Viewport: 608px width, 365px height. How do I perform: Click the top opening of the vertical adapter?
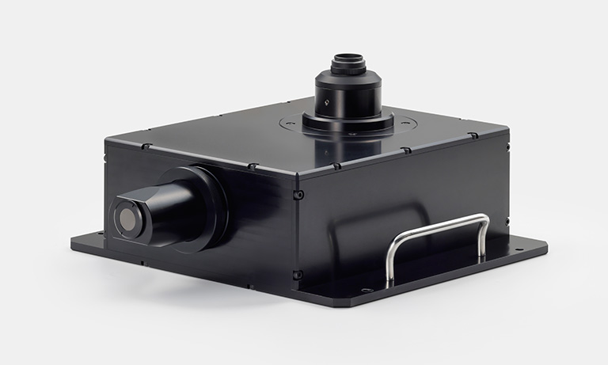click(348, 60)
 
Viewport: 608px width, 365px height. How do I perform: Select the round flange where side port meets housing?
click(207, 207)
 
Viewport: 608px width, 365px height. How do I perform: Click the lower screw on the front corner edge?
click(298, 275)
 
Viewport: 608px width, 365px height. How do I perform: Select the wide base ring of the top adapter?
click(348, 123)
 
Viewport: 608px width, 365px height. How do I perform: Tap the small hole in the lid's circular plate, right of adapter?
click(406, 121)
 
